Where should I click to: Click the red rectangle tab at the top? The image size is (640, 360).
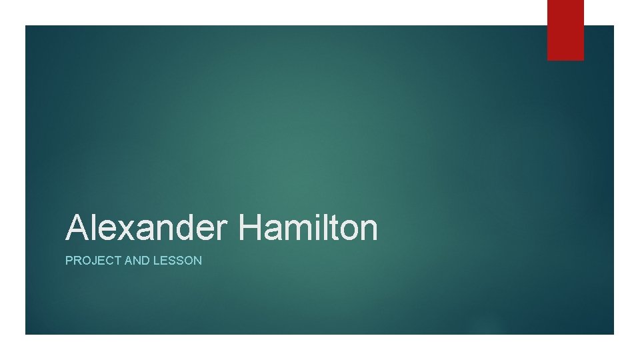[565, 29]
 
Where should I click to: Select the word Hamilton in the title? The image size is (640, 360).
[307, 228]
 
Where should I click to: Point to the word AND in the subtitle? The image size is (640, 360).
[136, 261]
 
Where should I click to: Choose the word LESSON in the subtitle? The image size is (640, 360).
[177, 261]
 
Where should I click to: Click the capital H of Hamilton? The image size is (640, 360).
[249, 228]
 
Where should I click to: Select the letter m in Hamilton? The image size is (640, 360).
[297, 231]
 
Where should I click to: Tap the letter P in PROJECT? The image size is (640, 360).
[69, 261]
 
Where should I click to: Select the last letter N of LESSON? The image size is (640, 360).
[197, 261]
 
